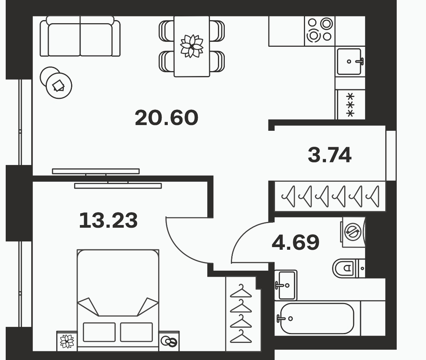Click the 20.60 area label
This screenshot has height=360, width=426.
click(x=166, y=118)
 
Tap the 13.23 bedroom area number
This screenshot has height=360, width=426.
click(x=108, y=220)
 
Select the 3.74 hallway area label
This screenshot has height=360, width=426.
click(x=329, y=155)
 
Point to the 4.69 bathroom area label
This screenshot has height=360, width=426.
click(x=296, y=242)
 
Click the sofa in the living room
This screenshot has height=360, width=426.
click(x=80, y=36)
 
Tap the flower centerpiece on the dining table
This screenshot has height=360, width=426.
click(x=192, y=46)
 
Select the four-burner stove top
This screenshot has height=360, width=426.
click(x=320, y=31)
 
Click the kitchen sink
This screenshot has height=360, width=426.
click(x=349, y=62)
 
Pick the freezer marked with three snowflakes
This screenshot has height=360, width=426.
click(x=350, y=105)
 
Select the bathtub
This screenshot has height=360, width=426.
click(x=317, y=319)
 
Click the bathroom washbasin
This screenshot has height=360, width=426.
click(x=286, y=285)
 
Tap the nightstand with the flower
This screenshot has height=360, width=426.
click(x=67, y=341)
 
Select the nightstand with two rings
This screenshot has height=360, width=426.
click(x=169, y=341)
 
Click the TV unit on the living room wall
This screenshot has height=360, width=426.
click(x=95, y=171)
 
